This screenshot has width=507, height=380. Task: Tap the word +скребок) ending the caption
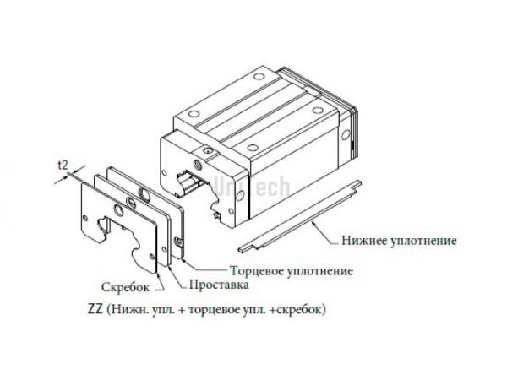301,308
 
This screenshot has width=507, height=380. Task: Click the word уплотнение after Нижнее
427,240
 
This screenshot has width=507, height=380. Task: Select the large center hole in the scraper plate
131,200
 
